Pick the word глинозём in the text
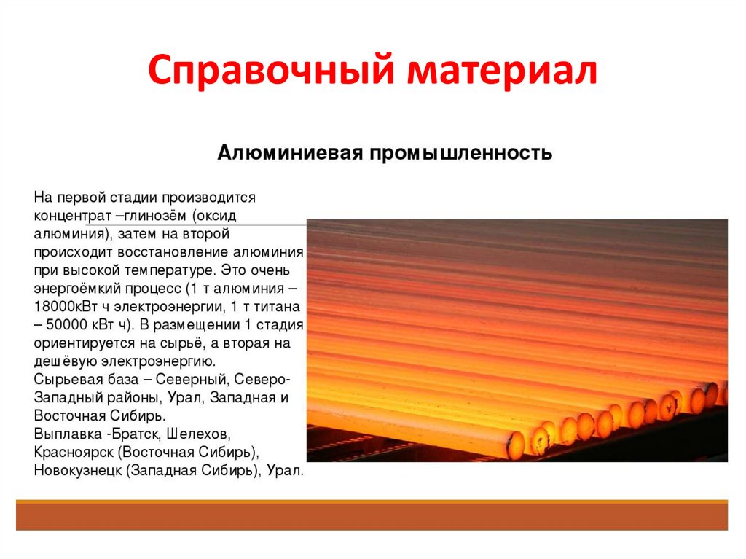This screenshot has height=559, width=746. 152,216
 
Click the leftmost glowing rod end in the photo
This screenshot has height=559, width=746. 515,444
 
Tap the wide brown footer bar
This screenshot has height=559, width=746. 372,517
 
